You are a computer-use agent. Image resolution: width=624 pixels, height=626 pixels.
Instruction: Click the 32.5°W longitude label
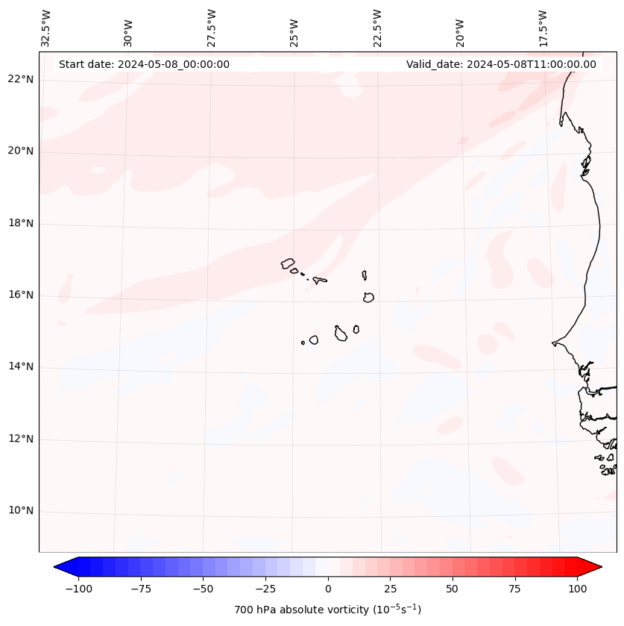coord(46,28)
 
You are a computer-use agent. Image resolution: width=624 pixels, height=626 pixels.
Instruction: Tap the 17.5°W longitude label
coord(543,28)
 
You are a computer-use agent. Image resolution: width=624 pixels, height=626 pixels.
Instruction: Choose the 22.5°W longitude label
coord(377,28)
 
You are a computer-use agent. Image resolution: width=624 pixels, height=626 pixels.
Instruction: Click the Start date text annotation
coord(144,64)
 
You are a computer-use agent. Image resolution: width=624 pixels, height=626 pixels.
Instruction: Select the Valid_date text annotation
coord(501,64)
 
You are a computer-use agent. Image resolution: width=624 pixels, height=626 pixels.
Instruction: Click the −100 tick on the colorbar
coord(78,589)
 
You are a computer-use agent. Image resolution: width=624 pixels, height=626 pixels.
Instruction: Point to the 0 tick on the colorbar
coord(328,589)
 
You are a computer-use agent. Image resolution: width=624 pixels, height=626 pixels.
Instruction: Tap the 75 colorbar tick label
coord(515,589)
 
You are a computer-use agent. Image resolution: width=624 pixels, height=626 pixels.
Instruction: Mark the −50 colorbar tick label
coord(203,589)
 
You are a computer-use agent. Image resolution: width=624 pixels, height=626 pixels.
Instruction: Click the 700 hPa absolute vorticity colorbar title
coord(328,610)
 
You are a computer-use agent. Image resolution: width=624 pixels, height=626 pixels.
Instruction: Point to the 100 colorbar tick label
coord(577,589)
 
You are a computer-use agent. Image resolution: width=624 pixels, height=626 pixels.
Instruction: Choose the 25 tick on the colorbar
coord(390,589)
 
